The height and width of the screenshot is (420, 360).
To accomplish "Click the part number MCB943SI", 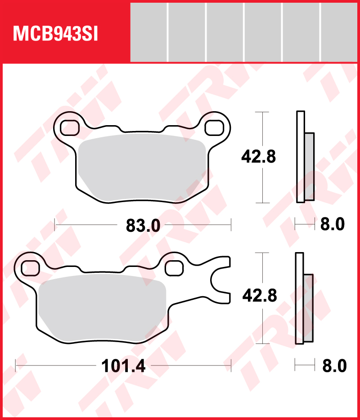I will [56, 34].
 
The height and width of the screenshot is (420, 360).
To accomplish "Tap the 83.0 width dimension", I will [143, 226].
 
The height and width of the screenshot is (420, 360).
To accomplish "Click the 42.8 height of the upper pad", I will [258, 157].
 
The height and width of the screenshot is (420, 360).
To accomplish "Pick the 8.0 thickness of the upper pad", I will [332, 224].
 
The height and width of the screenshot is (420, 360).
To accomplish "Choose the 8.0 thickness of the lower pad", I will [334, 366].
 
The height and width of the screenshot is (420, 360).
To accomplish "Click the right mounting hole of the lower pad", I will [173, 268].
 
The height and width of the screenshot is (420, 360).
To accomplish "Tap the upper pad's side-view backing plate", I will [300, 157].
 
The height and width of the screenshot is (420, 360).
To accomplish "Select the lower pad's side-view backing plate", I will [300, 298].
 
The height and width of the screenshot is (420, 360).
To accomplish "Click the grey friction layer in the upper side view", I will [309, 167].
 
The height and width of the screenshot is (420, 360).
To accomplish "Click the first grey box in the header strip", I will [148, 32].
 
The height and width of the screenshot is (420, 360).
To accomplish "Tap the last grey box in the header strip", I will [339, 32].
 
